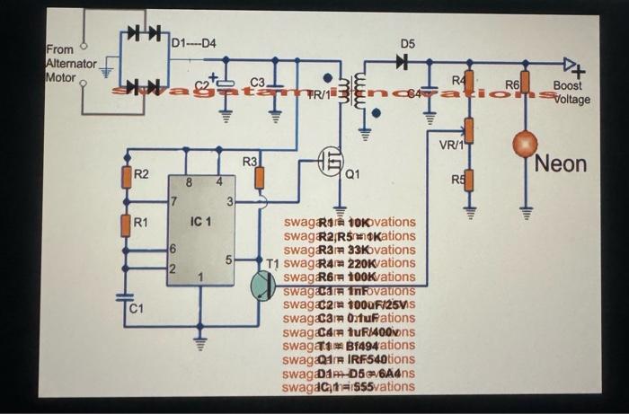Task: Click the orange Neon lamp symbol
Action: (524, 144)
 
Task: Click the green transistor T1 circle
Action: (261, 285)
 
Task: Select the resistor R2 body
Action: (128, 178)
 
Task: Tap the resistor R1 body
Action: (128, 224)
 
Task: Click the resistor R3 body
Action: (260, 178)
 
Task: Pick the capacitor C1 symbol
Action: (128, 295)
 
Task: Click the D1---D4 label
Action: (192, 42)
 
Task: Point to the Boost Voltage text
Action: (570, 92)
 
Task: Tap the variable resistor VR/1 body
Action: (468, 133)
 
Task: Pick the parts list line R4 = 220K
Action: (349, 264)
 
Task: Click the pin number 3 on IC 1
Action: (230, 202)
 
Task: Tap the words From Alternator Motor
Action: (70, 64)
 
